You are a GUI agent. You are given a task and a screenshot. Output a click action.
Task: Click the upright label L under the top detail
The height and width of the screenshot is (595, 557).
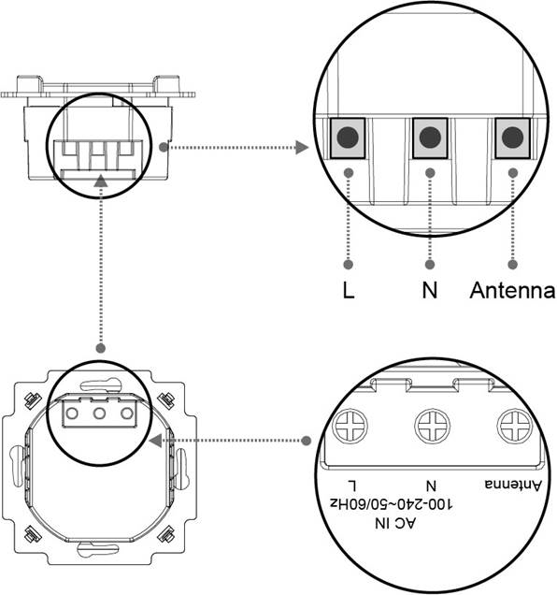(x=349, y=290)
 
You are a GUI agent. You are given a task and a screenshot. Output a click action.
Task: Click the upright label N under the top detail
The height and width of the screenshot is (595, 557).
(x=430, y=290)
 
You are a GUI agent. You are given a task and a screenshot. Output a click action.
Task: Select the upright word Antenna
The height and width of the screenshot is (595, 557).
(x=513, y=290)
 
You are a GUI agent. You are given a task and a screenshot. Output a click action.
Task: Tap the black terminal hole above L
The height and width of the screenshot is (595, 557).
(x=348, y=138)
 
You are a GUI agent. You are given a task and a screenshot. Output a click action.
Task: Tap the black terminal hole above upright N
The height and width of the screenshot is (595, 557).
(x=430, y=138)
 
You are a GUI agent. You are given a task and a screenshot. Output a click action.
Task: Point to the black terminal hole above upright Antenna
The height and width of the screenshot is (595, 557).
(x=513, y=138)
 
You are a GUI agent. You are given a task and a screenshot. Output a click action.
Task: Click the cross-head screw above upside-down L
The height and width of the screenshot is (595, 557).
(x=350, y=426)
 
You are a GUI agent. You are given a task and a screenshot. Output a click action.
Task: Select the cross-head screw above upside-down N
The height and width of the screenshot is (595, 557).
(x=433, y=426)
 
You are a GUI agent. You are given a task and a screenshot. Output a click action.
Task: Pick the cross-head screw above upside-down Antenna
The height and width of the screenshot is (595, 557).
(x=515, y=426)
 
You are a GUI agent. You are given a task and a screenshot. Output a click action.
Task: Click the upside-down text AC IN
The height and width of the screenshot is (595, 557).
(x=395, y=524)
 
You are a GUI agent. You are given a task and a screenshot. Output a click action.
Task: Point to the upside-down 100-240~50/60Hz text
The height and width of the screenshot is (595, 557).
(x=392, y=504)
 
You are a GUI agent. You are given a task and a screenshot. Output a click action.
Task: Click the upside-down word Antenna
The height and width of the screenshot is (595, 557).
(x=513, y=485)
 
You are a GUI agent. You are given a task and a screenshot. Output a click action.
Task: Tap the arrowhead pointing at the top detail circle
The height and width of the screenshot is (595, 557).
(x=302, y=147)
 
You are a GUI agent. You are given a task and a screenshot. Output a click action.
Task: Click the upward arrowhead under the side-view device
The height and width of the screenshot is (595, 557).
(x=101, y=181)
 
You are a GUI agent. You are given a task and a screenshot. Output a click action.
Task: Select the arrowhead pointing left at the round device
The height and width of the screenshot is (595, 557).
(x=156, y=441)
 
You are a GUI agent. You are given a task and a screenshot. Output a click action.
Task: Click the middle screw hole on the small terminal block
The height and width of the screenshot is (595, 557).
(x=99, y=414)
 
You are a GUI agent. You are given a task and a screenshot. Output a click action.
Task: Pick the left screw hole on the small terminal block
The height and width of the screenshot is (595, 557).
(x=72, y=414)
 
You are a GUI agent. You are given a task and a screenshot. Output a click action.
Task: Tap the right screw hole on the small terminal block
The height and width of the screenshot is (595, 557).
(x=127, y=414)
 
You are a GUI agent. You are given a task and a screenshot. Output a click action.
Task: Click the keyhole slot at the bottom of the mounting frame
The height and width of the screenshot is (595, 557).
(x=98, y=549)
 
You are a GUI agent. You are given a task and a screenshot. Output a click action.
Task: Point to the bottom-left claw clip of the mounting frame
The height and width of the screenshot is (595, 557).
(x=32, y=535)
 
